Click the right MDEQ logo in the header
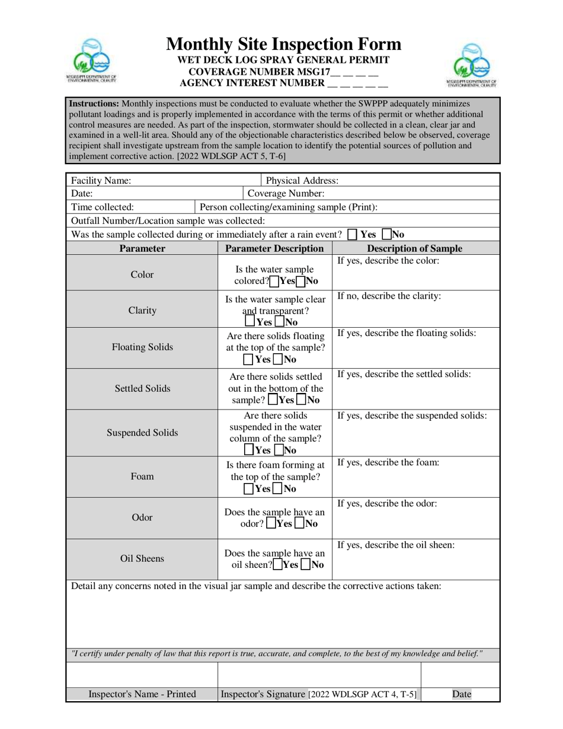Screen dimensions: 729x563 point(471,64)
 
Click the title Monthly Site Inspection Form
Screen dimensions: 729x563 point(283,44)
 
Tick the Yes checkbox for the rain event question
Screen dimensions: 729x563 point(353,234)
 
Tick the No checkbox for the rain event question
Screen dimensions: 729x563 point(386,234)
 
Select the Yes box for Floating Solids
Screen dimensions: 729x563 point(248,359)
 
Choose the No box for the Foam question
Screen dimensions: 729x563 point(278,489)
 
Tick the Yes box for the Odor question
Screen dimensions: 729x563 point(271,523)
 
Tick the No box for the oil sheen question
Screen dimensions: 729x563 point(305,565)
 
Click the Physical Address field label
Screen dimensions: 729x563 point(302,180)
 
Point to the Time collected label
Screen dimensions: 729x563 point(102,207)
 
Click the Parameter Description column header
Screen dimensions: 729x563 point(274,248)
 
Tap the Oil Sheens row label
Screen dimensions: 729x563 point(142,558)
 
